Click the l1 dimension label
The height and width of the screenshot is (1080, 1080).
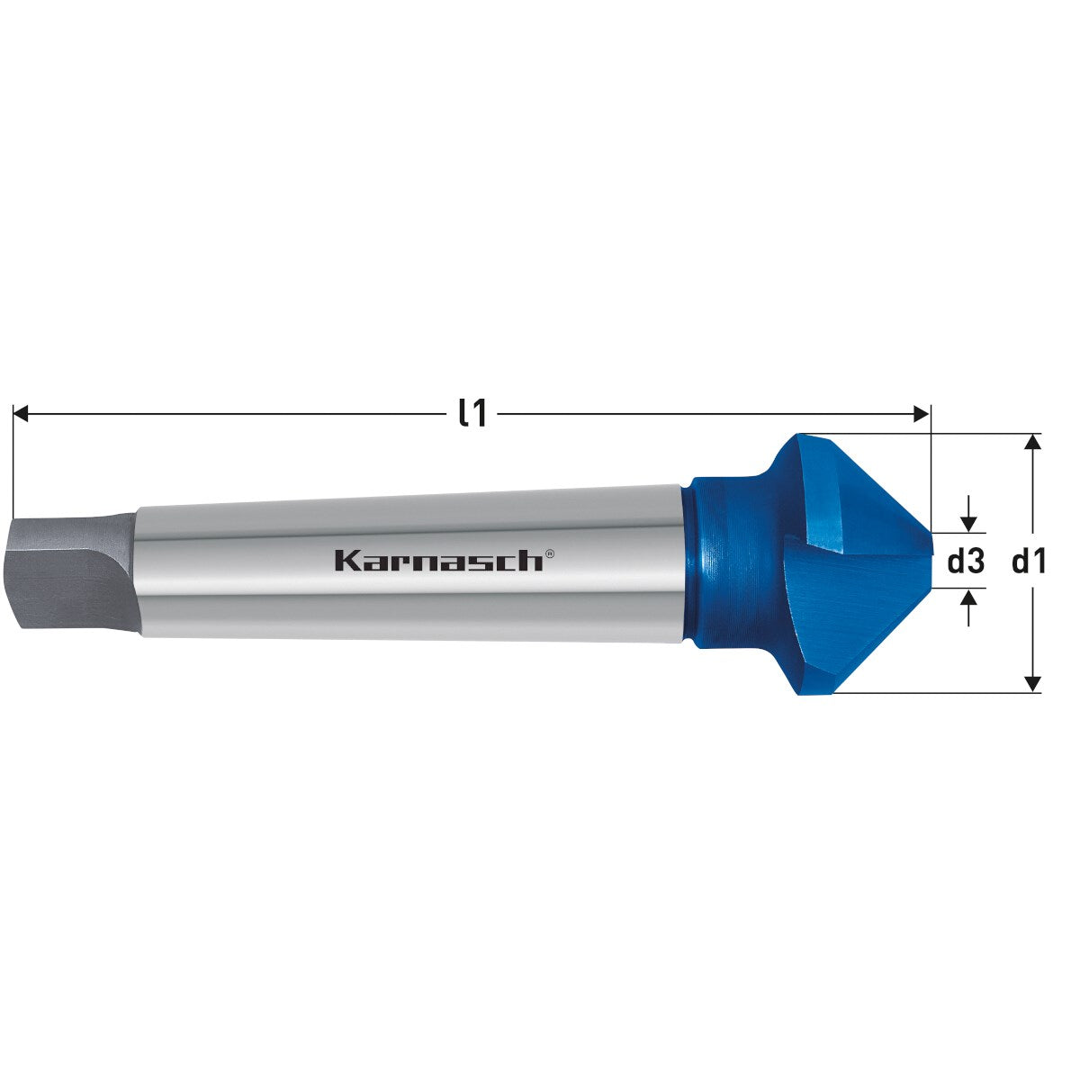472,413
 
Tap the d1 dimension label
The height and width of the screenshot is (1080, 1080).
1030,562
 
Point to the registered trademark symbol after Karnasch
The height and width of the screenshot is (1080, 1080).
550,554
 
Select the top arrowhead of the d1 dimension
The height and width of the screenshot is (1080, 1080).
1033,441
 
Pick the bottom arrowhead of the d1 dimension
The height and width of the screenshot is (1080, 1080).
1033,684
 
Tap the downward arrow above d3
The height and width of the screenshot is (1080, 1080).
968,521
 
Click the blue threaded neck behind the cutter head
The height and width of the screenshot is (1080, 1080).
715,562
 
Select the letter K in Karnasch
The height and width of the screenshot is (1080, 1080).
345,560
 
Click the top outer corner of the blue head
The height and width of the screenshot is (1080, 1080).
797,436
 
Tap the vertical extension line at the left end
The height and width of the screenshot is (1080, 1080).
13,459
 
